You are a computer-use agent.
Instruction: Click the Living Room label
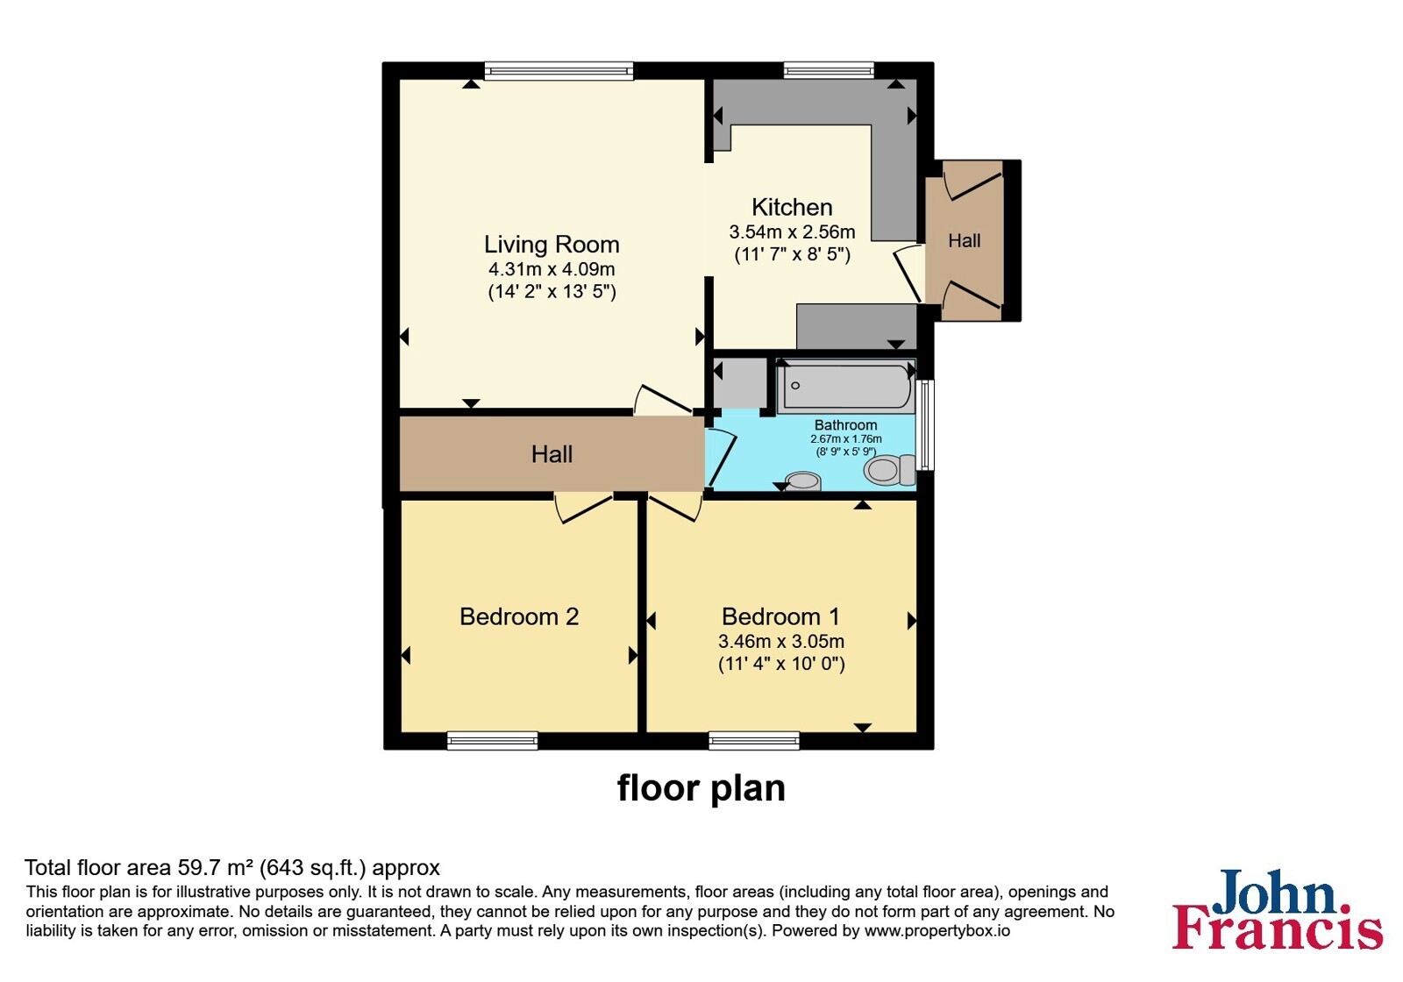[x=552, y=245]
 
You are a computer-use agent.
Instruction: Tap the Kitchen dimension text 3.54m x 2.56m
[x=792, y=231]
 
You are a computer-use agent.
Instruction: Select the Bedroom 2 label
[x=518, y=617]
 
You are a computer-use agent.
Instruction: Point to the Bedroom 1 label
[x=780, y=617]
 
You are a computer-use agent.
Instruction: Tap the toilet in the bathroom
[x=890, y=469]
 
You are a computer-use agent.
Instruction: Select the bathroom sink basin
[x=802, y=481]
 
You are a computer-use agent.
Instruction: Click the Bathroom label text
[x=845, y=425]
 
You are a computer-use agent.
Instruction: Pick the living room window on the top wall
[x=559, y=71]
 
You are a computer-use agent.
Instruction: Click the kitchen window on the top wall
[x=829, y=70]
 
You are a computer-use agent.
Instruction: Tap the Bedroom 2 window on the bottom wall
[x=492, y=740]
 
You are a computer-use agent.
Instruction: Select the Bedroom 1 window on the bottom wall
[x=754, y=740]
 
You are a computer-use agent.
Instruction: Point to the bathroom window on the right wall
[x=925, y=424]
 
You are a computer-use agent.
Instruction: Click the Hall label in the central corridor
[x=552, y=454]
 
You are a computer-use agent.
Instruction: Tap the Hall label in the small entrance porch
[x=964, y=240]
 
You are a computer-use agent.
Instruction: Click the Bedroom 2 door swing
[x=582, y=509]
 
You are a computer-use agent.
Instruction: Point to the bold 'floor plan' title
[x=701, y=788]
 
